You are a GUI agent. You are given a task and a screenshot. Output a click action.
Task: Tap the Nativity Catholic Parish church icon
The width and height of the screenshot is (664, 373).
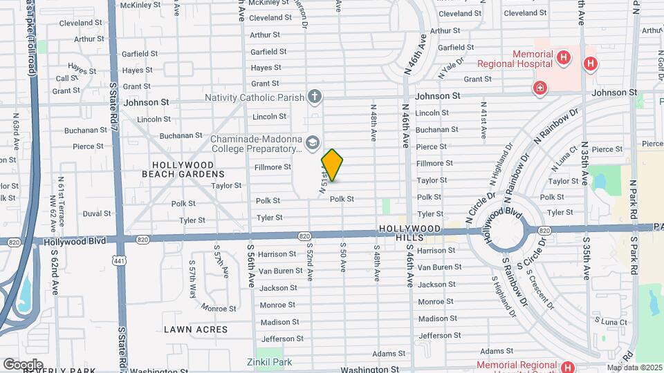point(315,95)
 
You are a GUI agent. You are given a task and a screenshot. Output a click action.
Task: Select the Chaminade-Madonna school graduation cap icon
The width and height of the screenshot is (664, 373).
point(312,143)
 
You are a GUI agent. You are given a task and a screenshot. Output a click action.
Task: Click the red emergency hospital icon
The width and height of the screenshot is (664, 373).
point(539,88)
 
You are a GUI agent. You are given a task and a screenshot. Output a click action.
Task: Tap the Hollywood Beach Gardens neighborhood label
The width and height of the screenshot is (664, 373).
point(183,169)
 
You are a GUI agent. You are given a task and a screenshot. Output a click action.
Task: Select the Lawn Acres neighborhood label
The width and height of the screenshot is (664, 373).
point(196,329)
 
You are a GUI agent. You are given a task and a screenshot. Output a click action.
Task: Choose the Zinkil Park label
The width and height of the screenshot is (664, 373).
point(270,362)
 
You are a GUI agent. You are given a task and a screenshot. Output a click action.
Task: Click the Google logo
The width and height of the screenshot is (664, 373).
point(24,363)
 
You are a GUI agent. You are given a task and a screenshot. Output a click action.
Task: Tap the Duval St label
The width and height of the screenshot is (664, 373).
point(96,214)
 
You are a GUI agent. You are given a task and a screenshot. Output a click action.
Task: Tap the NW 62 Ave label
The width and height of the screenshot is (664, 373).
point(60,213)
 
